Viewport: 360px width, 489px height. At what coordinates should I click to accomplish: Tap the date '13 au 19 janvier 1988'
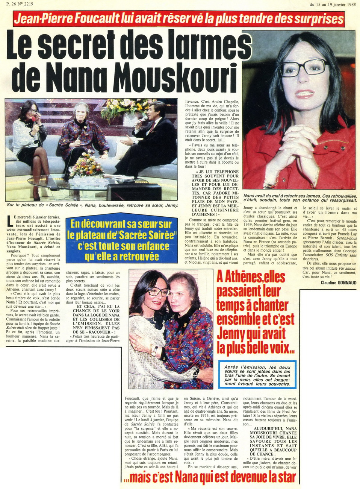click(333, 5)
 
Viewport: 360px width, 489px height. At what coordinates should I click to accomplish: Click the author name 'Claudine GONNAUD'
click(339, 282)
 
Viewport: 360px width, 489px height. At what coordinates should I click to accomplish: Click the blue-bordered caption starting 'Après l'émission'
click(257, 375)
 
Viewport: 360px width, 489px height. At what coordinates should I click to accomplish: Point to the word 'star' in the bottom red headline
click(283, 477)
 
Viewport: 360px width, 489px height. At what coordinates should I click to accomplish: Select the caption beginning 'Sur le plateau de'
click(92, 205)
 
